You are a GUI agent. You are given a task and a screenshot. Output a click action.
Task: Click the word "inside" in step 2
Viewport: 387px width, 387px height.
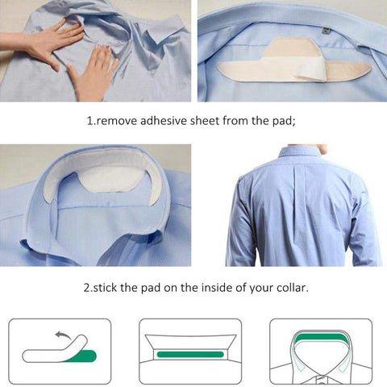pos(223,286)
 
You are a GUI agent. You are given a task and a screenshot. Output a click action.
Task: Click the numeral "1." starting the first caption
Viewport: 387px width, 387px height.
pos(90,121)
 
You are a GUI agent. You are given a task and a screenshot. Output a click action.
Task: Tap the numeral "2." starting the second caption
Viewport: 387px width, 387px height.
pos(87,286)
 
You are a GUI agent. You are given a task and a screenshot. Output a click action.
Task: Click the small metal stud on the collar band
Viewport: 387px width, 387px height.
pos(325,30)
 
